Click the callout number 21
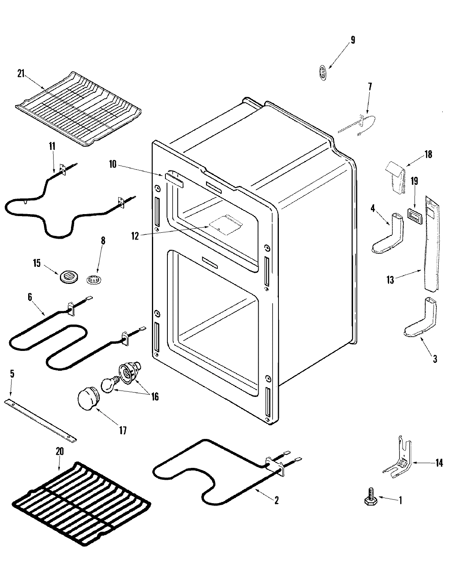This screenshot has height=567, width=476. tap(21, 73)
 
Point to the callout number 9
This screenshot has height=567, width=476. tap(353, 40)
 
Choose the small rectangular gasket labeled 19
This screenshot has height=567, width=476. tap(414, 217)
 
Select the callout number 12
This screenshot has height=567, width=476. tap(135, 236)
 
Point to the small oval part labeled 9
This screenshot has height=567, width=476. tap(324, 73)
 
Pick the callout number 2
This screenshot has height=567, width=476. tap(276, 500)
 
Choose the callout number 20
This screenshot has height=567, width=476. tap(59, 451)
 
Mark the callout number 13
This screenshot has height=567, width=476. tap(390, 280)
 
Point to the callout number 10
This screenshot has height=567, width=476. tap(113, 164)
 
